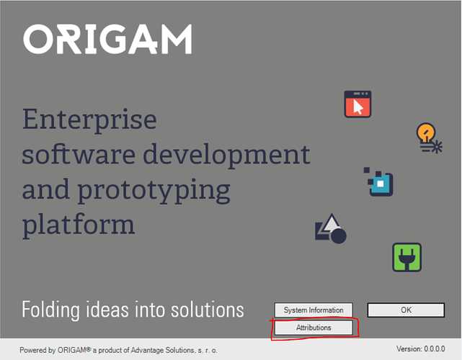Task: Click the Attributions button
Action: (314, 328)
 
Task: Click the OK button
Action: (406, 310)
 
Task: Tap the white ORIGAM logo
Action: (107, 39)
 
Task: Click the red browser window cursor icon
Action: (357, 104)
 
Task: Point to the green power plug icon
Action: (407, 257)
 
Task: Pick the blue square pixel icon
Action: (378, 181)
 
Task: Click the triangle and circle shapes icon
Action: (331, 229)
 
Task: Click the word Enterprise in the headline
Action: (89, 120)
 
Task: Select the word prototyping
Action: (154, 191)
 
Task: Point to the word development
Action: (226, 156)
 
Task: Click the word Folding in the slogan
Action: (50, 310)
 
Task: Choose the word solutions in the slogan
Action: (208, 310)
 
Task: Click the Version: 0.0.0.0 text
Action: (420, 349)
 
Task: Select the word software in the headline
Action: (79, 155)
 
